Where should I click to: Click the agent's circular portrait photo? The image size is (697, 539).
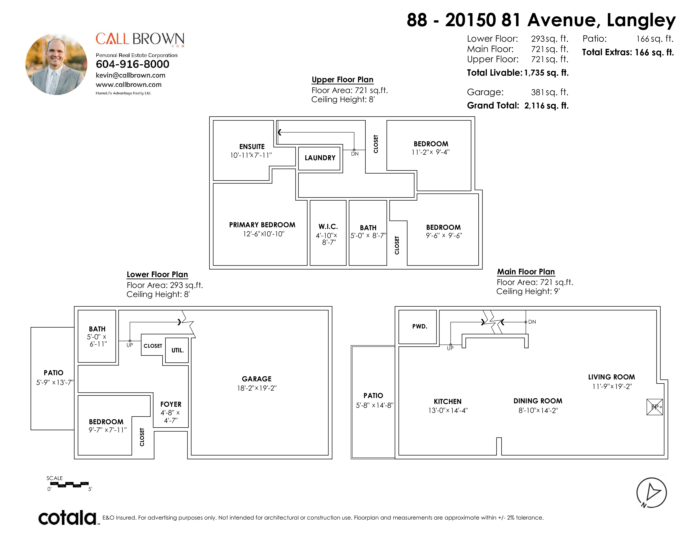[56, 64]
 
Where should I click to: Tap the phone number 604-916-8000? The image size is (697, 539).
[132, 64]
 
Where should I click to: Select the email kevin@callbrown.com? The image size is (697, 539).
[131, 75]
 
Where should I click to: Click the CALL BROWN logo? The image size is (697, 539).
[140, 40]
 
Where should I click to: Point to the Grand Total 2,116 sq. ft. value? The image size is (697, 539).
[546, 106]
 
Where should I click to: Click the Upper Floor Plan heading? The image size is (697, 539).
[342, 79]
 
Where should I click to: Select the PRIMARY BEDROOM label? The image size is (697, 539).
[262, 225]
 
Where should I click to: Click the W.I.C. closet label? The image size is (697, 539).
[328, 227]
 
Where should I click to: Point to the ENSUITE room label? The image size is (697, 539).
[252, 146]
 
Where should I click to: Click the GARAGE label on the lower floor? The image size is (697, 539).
[257, 379]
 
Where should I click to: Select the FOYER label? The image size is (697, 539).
[171, 404]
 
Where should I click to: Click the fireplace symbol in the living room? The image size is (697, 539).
[655, 407]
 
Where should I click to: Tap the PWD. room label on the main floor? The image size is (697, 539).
[420, 326]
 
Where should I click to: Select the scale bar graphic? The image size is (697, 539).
[69, 484]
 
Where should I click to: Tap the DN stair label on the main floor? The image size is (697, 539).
[532, 322]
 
